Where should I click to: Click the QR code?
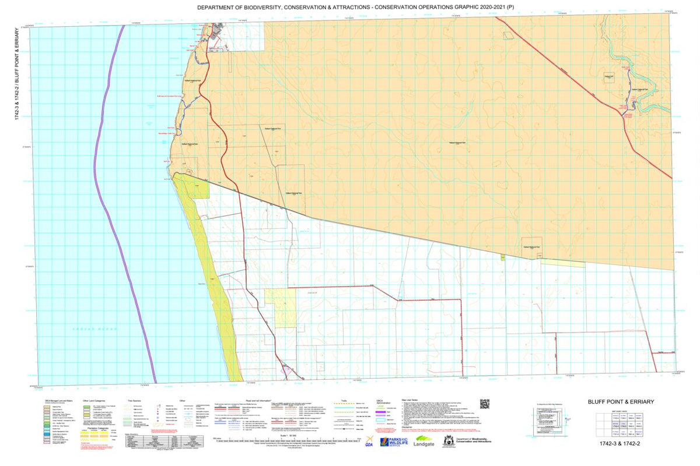pyautogui.click(x=484, y=404)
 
